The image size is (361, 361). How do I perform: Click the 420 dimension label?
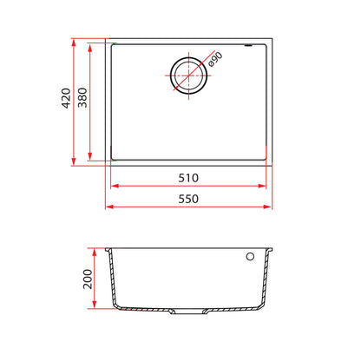pos(66,98)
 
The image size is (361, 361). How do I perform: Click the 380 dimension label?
pos(82,97)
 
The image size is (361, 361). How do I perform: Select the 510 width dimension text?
pos(188,178)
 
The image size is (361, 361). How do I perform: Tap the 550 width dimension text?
pos(188,199)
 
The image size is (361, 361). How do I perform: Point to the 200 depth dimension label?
pos(88,279)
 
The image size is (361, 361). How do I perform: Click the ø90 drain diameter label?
pos(215,59)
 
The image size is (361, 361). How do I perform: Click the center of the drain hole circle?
pos(188,75)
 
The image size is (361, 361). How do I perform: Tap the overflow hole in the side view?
pos(250,256)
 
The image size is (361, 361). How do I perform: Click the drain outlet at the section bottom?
pos(188,312)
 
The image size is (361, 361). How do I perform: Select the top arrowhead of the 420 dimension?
pos(74,43)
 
